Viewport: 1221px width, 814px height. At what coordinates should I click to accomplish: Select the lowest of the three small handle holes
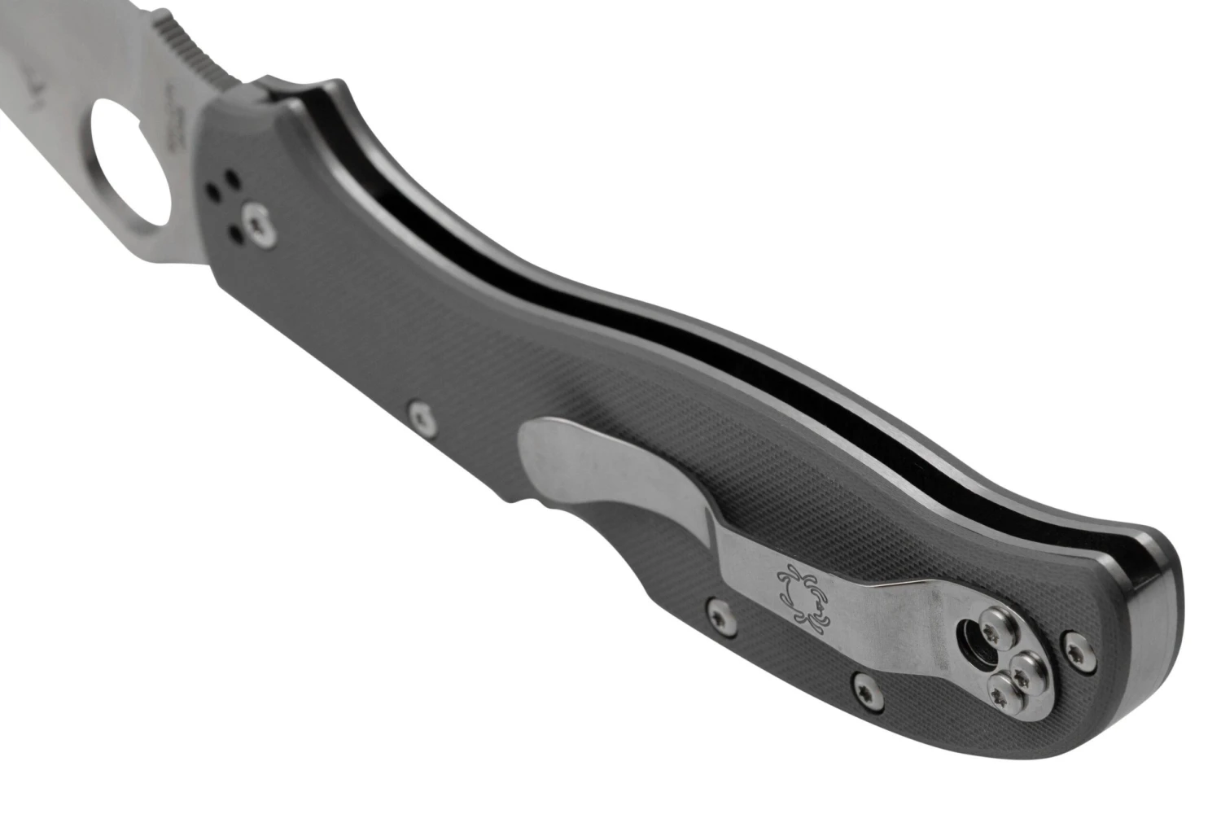236,234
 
